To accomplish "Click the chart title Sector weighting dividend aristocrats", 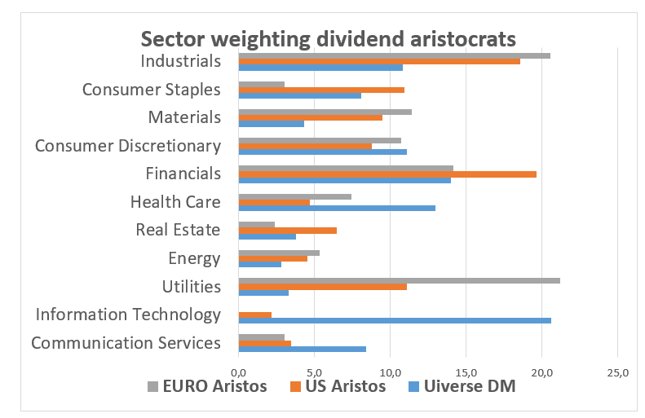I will [x=328, y=38].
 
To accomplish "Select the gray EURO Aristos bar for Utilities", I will [x=399, y=280].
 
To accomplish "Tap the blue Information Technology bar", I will [x=395, y=320].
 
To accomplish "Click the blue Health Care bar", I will [x=337, y=208].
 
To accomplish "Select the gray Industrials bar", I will [x=394, y=55].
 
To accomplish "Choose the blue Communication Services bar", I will [x=302, y=349].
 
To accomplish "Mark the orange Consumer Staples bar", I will [x=321, y=90].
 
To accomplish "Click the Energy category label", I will [x=194, y=259].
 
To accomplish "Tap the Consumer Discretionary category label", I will [x=128, y=147].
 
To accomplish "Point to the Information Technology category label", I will [x=128, y=315].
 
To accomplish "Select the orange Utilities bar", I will [x=322, y=286].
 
